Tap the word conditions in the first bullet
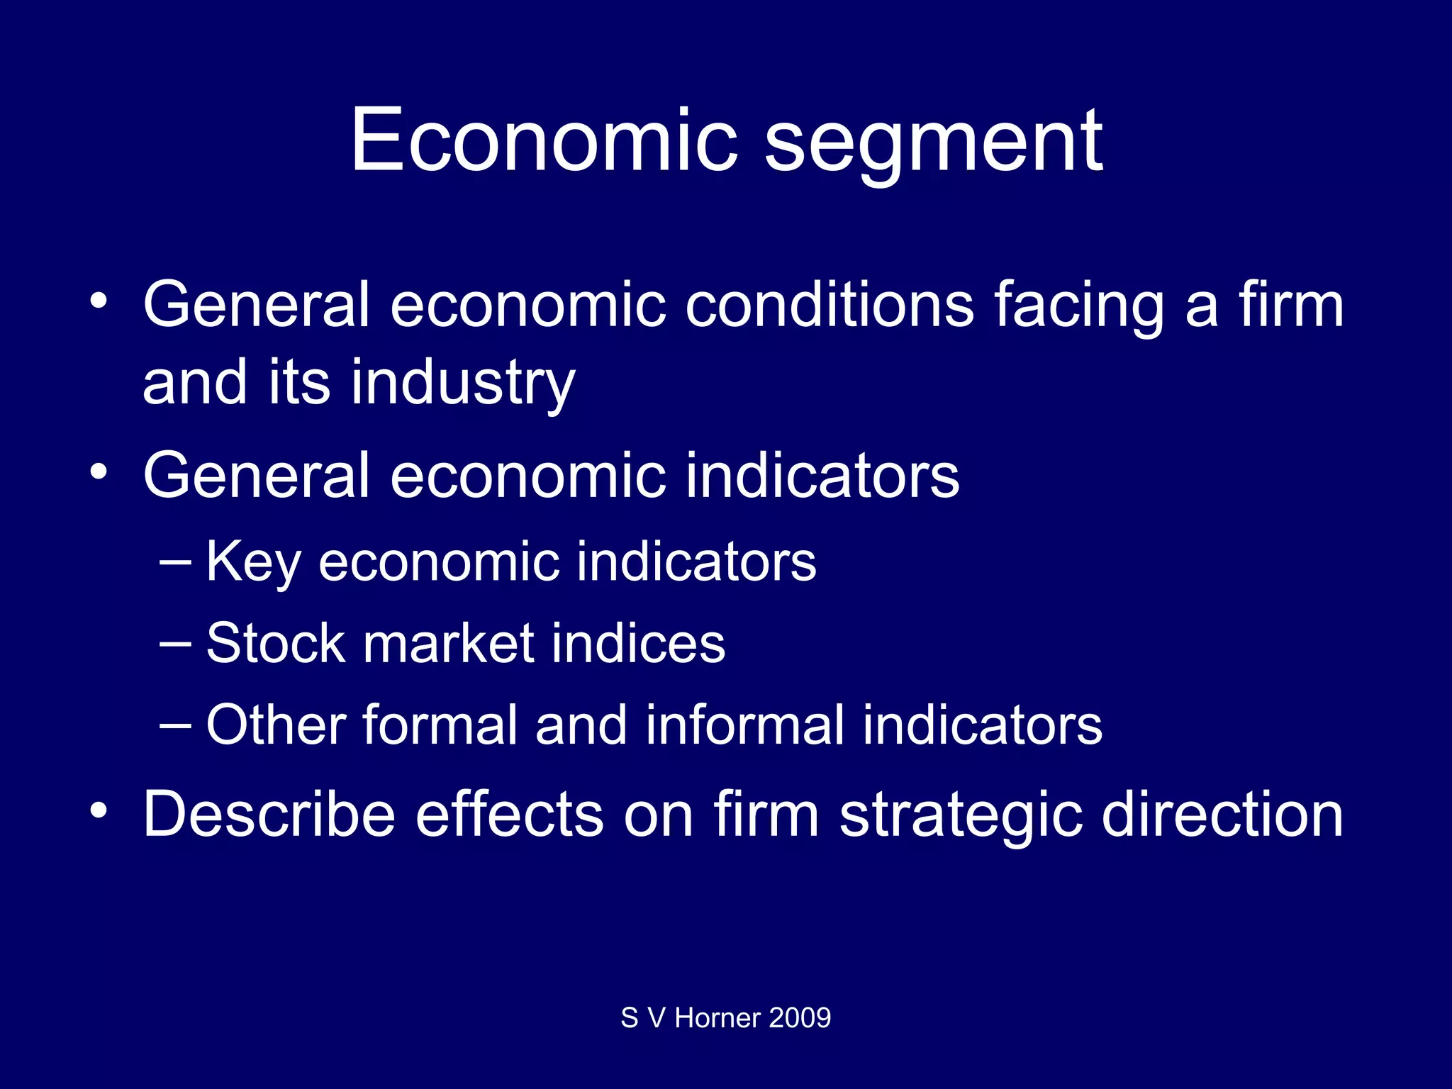tap(829, 305)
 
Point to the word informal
tap(744, 725)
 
